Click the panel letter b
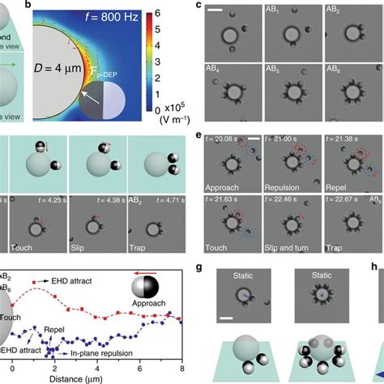click(x=36, y=7)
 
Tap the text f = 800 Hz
click(x=99, y=15)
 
